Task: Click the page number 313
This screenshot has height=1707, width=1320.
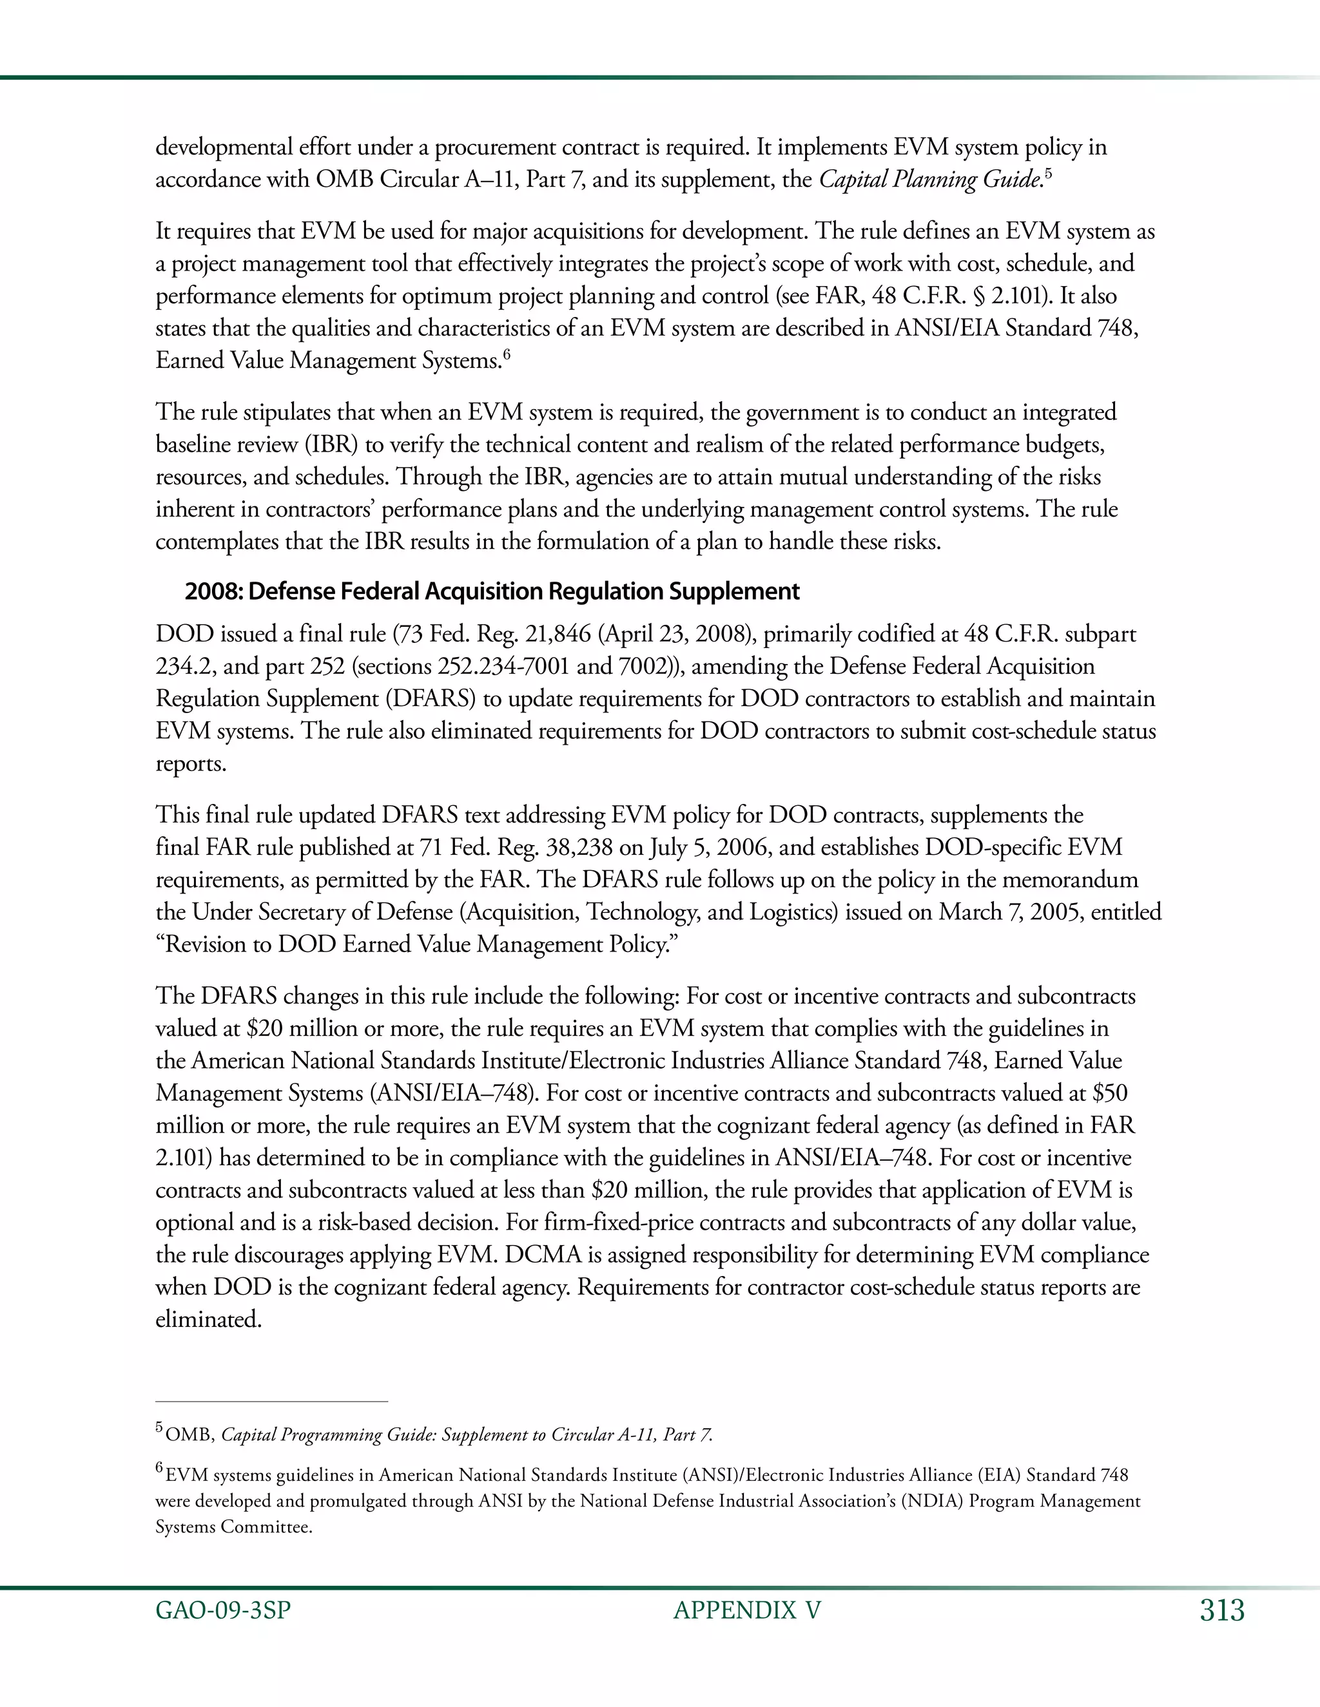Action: (1221, 1611)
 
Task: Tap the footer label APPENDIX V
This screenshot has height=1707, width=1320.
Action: (747, 1611)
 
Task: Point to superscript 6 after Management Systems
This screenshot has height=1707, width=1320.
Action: (506, 356)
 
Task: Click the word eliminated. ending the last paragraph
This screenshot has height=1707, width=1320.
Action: (208, 1320)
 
